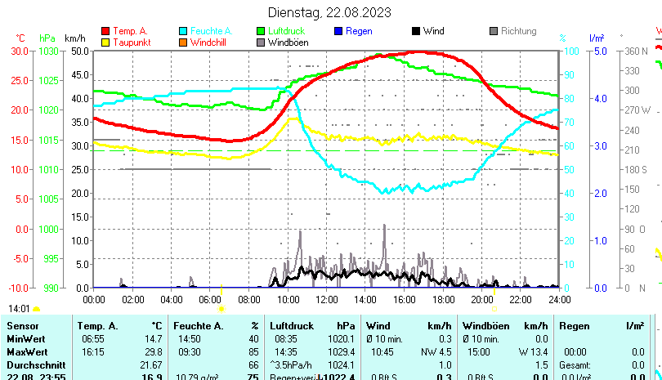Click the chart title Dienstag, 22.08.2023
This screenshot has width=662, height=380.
pos(329,12)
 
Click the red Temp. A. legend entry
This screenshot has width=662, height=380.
pos(130,31)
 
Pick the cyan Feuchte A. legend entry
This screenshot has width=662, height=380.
pos(205,31)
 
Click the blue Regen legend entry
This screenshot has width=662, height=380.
pos(358,31)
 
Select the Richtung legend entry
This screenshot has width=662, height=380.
pos(518,31)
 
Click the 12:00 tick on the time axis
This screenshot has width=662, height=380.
pos(327,299)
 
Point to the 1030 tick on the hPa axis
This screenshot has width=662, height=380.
pos(49,51)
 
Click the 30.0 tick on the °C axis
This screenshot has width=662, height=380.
pos(20,51)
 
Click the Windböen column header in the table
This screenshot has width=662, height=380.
pos(483,325)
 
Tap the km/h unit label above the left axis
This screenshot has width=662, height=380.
pos(74,38)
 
